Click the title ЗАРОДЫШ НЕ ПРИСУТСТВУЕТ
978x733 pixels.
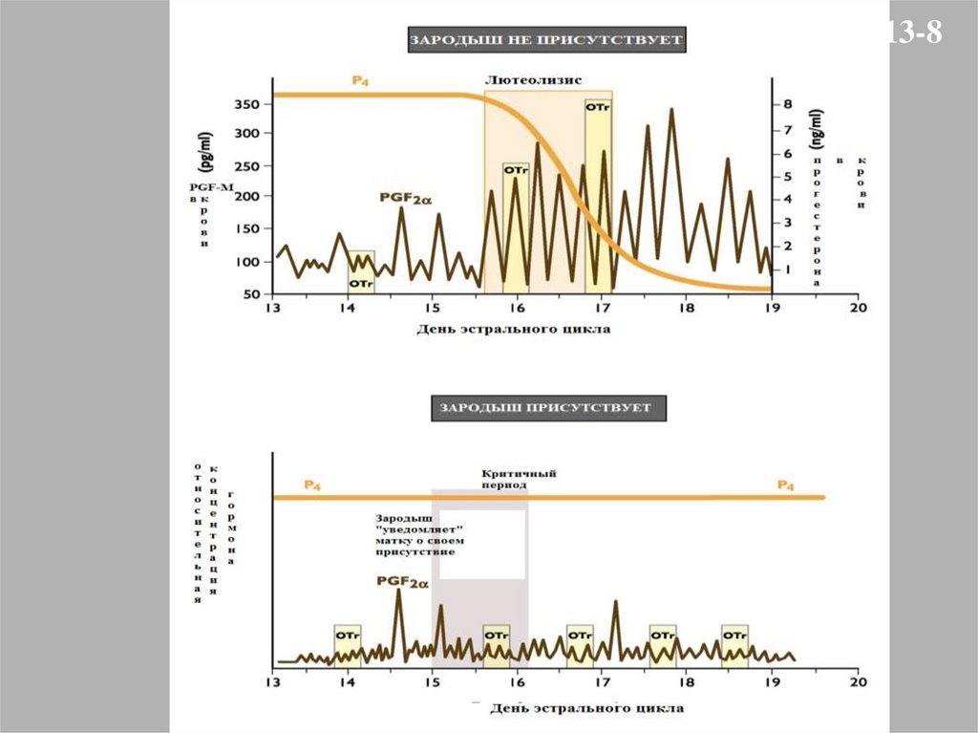pos(546,40)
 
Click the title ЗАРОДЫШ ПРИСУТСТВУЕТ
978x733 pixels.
pos(545,408)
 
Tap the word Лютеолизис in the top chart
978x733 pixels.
pos(534,80)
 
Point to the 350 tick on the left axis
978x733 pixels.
pos(247,104)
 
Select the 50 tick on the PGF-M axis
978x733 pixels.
pos(252,293)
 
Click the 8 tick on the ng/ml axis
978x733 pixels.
pos(788,103)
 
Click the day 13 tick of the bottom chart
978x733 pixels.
pos(272,683)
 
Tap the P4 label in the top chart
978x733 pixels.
pos(361,81)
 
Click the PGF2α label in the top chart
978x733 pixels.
pos(406,199)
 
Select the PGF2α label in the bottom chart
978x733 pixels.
pos(401,579)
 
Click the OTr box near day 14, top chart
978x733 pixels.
pos(361,271)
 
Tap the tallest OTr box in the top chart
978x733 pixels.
pos(598,191)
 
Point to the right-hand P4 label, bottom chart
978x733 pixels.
pos(785,485)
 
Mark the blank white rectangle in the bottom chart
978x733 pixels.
pos(482,545)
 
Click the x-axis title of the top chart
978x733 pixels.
pos(513,329)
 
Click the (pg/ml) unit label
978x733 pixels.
pos(207,154)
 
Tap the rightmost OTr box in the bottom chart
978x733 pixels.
pos(734,645)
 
